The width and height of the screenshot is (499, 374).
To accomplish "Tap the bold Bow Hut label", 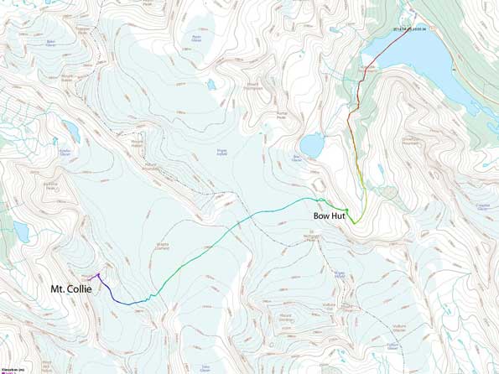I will [328, 216].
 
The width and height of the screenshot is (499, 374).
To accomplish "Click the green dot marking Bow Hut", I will [346, 209].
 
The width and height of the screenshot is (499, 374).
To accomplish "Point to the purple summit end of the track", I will [98, 274].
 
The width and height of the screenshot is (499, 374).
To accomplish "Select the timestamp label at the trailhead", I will [410, 28].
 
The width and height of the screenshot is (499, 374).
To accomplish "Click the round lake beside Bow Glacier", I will [311, 146].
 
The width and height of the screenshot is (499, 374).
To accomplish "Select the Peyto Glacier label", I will [198, 38].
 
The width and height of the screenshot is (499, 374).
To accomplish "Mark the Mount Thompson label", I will [252, 86].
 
